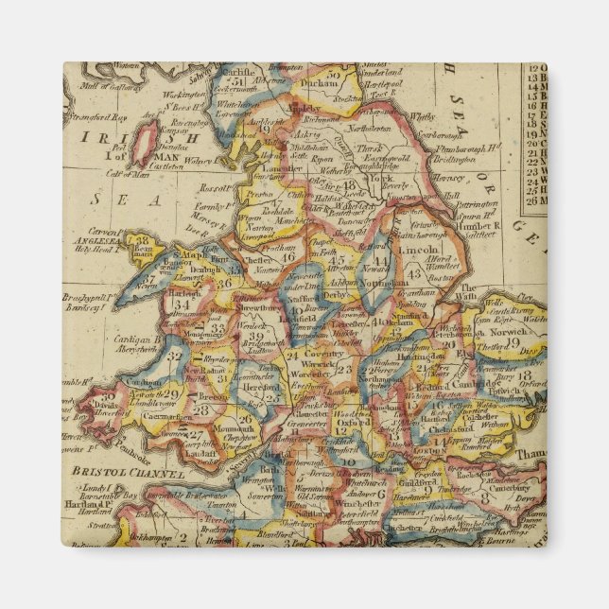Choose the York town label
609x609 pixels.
tap(381, 177)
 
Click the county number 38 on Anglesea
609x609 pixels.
tap(143, 242)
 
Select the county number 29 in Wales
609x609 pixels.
tap(171, 392)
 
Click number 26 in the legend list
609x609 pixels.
tap(534, 199)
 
